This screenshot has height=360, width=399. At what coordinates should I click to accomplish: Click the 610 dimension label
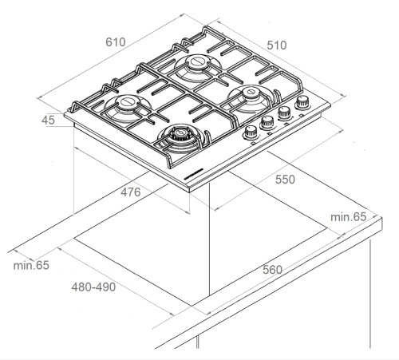116,42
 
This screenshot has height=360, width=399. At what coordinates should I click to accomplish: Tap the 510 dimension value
277,45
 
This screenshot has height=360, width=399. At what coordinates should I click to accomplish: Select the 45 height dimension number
48,121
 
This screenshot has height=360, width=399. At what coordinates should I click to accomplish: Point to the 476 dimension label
131,192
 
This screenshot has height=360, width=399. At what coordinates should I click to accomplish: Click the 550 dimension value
285,180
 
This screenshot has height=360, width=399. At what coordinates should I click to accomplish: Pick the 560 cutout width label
272,270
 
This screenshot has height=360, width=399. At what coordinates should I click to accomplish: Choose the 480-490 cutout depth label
93,287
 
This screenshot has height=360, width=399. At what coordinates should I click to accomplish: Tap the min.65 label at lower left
31,265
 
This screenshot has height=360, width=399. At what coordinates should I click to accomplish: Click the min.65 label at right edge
349,217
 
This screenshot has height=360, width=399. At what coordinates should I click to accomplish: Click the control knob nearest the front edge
251,133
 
